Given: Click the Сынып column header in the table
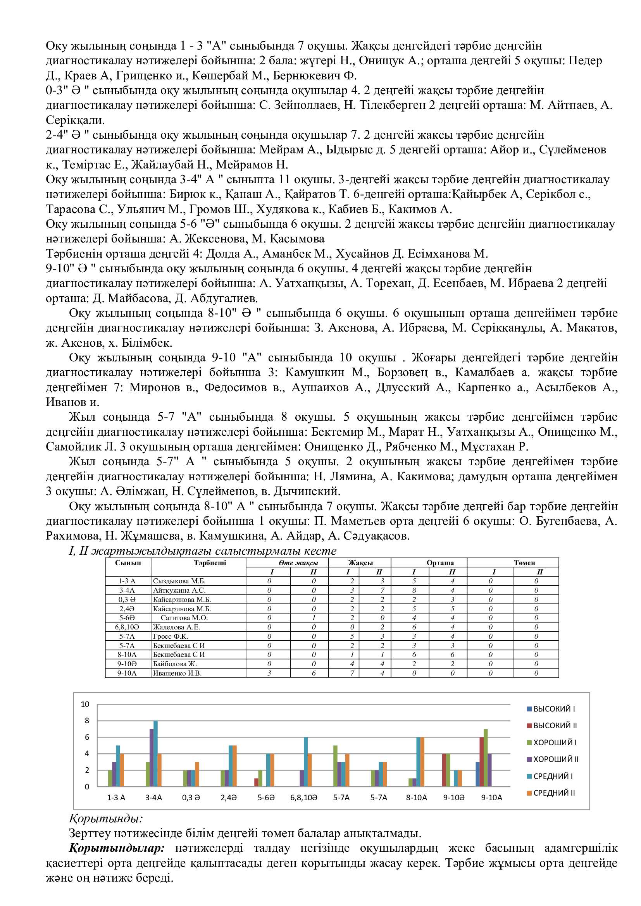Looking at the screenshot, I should (x=128, y=563).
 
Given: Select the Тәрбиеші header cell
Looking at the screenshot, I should (x=210, y=563).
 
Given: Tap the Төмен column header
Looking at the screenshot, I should (x=524, y=563).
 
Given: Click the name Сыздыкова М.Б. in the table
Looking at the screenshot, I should (x=179, y=581).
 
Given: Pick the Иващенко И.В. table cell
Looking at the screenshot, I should (x=177, y=673).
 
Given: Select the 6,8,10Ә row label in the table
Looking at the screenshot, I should (x=127, y=627).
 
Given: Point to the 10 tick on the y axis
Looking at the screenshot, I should (x=85, y=704).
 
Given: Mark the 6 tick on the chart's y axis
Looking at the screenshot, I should (x=87, y=737).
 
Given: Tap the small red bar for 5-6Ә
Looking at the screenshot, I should (x=256, y=782).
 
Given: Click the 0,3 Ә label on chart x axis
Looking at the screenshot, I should (x=191, y=798).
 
